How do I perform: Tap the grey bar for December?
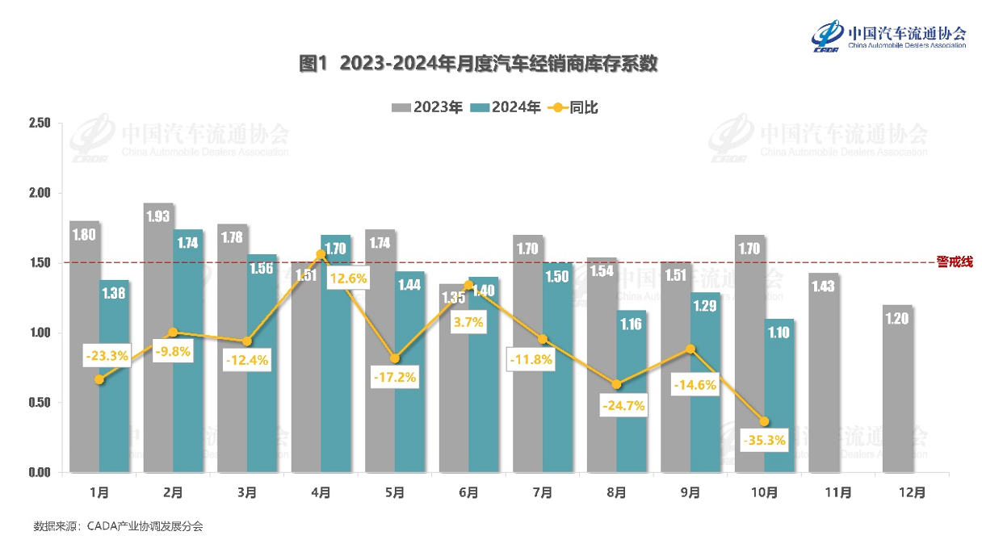(897, 388)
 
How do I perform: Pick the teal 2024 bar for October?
(780, 395)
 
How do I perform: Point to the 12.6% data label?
(348, 279)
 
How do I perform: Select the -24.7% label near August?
(623, 405)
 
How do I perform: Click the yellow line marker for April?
(321, 254)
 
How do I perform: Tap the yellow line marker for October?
(764, 421)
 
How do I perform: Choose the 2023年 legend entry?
(427, 107)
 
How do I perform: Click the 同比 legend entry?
(573, 107)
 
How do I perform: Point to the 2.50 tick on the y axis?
(39, 123)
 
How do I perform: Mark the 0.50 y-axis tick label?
(39, 403)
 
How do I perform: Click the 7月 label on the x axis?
(543, 492)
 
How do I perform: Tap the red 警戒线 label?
(955, 262)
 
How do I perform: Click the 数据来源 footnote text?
(118, 526)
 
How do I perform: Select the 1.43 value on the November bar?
(823, 287)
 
